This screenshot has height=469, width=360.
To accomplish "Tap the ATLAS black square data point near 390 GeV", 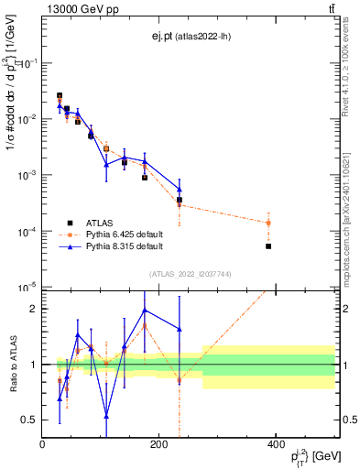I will pos(268,246).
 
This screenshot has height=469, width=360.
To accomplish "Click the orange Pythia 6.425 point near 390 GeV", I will pos(268,223).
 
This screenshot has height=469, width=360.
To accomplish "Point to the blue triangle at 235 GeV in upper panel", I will pos(180,190).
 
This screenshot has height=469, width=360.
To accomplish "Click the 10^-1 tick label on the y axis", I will pos(29,62).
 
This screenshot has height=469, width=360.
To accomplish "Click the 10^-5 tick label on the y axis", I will pos(29,288).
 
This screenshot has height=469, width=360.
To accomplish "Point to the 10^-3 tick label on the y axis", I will pos(29,175).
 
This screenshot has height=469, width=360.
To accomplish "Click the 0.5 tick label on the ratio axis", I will pos(29,420).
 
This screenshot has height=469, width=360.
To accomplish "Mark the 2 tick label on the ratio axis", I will pos(34,309).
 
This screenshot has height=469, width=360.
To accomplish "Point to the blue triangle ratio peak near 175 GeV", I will pos(145,310).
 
